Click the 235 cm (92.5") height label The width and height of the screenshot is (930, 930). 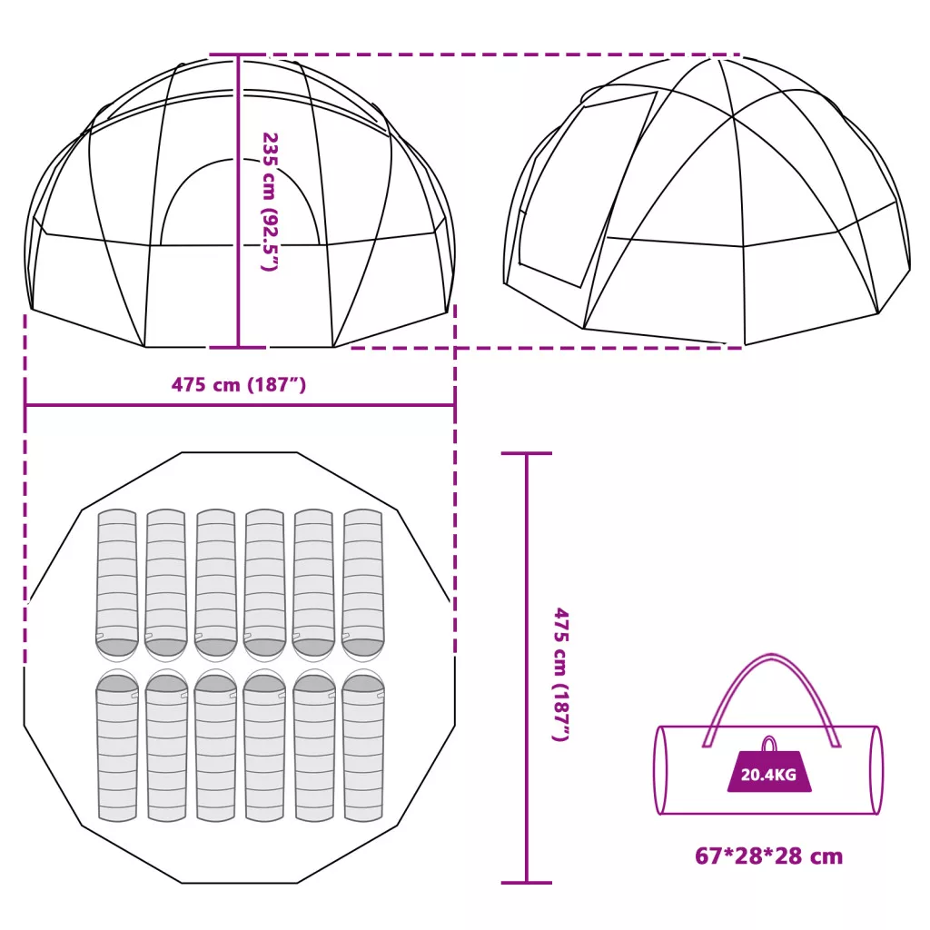pyautogui.click(x=270, y=202)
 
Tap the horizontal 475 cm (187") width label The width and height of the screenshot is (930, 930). pyautogui.click(x=239, y=385)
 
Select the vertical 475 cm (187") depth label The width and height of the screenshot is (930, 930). pyautogui.click(x=561, y=675)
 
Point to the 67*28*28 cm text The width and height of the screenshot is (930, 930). pyautogui.click(x=768, y=856)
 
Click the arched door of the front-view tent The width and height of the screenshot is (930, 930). pyautogui.click(x=240, y=202)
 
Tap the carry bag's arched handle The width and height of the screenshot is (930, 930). pyautogui.click(x=771, y=700)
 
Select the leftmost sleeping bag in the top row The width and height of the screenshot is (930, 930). pyautogui.click(x=117, y=584)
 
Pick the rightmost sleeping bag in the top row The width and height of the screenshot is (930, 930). pyautogui.click(x=363, y=584)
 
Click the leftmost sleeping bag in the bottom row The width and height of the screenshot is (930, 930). pyautogui.click(x=117, y=747)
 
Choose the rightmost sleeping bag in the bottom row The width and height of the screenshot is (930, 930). pyautogui.click(x=363, y=747)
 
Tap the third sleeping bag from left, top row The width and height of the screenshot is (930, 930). pyautogui.click(x=215, y=584)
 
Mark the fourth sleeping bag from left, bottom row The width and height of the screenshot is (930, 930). pyautogui.click(x=264, y=747)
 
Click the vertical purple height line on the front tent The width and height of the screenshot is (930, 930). pyautogui.click(x=239, y=201)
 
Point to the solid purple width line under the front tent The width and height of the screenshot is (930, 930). pyautogui.click(x=240, y=406)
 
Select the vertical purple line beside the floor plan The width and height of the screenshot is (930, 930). pyautogui.click(x=526, y=668)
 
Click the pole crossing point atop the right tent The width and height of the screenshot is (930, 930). pyautogui.click(x=734, y=117)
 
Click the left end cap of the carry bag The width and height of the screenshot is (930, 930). pyautogui.click(x=661, y=770)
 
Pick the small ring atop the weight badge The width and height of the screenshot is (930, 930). pyautogui.click(x=768, y=744)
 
